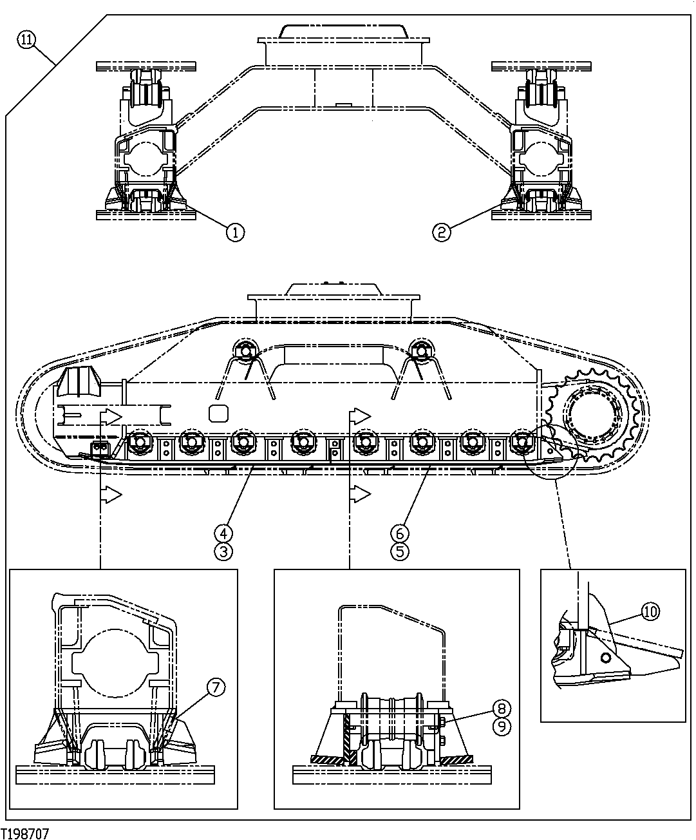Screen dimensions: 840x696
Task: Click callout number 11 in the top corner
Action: coord(26,40)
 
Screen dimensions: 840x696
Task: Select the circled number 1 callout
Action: coord(235,232)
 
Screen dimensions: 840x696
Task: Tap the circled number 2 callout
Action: coord(442,232)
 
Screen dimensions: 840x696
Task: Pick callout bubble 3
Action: coord(223,551)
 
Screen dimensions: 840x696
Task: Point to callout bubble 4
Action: coord(223,533)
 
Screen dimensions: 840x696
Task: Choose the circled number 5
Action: coord(399,551)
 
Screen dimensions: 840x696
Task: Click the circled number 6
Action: coord(399,533)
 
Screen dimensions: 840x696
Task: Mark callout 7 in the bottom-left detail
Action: coord(215,687)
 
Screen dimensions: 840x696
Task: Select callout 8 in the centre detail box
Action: coord(502,708)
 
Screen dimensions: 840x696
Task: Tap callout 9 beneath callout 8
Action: coord(502,726)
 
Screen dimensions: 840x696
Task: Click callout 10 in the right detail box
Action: coord(650,612)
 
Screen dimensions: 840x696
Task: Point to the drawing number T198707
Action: coord(26,834)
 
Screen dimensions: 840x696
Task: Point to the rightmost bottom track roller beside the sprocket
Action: coord(520,442)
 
